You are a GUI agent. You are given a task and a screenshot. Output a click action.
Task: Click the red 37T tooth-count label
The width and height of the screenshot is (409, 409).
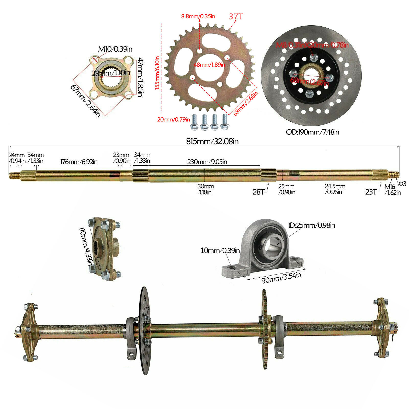pos(236,16)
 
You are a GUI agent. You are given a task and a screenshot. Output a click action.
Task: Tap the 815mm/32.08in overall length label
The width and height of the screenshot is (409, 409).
pos(212,141)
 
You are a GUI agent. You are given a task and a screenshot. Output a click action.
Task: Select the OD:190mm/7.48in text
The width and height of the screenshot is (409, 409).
pos(312,132)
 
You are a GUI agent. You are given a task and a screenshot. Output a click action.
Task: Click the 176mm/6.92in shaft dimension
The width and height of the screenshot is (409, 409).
pos(79,162)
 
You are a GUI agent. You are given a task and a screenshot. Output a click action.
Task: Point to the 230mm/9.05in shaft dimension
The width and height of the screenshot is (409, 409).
pos(207,162)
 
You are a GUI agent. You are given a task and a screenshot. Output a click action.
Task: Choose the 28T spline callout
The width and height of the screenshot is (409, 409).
pos(258,192)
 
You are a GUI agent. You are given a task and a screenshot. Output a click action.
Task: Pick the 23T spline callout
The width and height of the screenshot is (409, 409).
pos(371,192)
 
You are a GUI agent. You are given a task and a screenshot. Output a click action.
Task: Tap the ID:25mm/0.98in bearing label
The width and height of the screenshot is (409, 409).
pos(311,225)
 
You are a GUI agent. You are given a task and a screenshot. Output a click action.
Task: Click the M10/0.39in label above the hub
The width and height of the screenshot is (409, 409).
pos(115,49)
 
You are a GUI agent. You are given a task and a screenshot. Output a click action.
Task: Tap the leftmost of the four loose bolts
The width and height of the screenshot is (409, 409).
pos(194,122)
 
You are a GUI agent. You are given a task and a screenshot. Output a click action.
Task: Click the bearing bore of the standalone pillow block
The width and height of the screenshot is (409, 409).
pos(272,246)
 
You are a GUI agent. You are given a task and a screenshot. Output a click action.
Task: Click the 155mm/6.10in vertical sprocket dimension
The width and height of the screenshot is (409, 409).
pos(157,73)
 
